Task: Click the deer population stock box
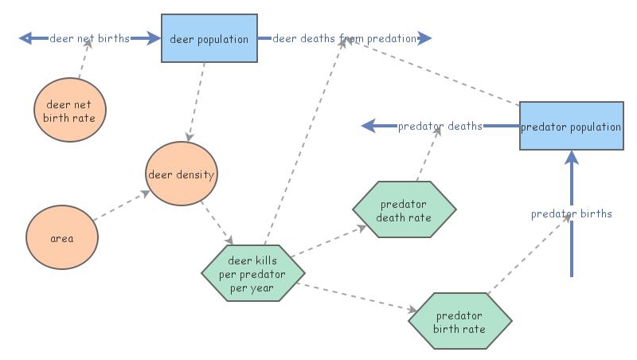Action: tap(209, 38)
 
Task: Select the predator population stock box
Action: tap(571, 126)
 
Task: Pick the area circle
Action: tap(62, 238)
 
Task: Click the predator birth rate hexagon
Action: tap(459, 321)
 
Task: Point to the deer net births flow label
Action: tap(89, 38)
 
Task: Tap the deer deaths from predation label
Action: tap(344, 38)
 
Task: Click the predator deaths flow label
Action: tap(440, 126)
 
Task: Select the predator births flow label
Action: tap(571, 213)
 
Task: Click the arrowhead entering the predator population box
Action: tap(571, 157)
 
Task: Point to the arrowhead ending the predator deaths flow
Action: tap(369, 126)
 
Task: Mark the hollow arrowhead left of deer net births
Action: tap(25, 38)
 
